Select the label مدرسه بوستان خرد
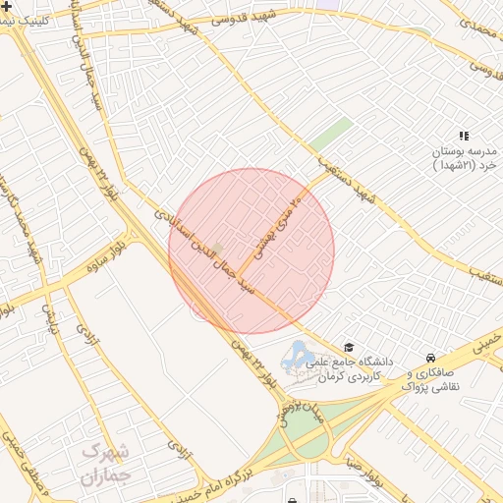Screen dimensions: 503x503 pyautogui.click(x=467, y=159)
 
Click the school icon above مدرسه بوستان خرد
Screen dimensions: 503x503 pyautogui.click(x=464, y=136)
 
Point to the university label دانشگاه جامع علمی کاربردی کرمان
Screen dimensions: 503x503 pyautogui.click(x=354, y=368)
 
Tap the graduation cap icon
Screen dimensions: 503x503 pyautogui.click(x=349, y=347)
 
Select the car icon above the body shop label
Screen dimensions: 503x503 pyautogui.click(x=430, y=358)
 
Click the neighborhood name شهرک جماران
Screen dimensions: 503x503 pyautogui.click(x=105, y=464)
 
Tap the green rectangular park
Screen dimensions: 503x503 pyautogui.click(x=331, y=136)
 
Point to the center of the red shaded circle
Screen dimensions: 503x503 pyautogui.click(x=251, y=251)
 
